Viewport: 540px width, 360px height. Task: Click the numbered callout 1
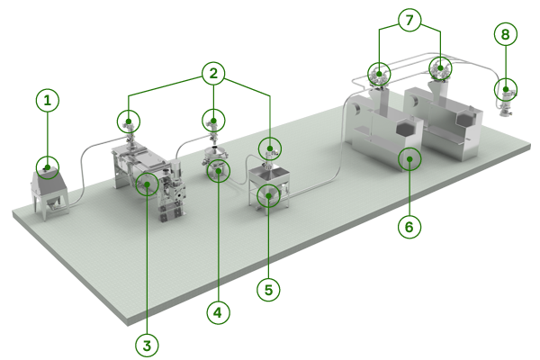(48, 101)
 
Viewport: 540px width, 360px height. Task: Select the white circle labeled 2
(212, 74)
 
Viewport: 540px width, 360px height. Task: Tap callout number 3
(146, 344)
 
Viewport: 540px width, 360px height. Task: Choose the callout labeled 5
(268, 290)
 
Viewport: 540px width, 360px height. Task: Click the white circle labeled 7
(409, 18)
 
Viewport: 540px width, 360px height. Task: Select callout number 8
(506, 34)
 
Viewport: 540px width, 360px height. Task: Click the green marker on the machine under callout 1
(48, 166)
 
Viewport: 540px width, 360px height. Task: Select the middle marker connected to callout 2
(213, 120)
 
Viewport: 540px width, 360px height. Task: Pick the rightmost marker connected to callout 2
(270, 148)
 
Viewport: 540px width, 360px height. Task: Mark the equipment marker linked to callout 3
(147, 184)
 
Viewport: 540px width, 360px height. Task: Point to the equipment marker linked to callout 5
(268, 194)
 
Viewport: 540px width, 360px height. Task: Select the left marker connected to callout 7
(378, 72)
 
